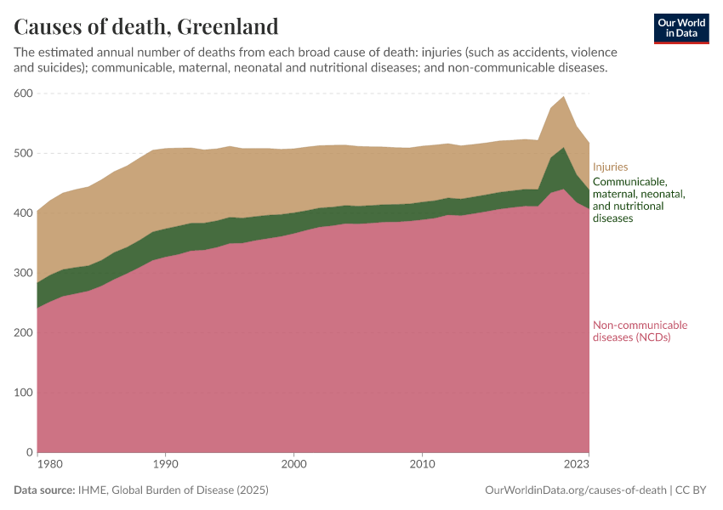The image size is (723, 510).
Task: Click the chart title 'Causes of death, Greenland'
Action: (x=146, y=27)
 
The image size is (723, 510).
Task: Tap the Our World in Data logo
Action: (x=680, y=28)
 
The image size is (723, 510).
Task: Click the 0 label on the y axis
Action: (x=28, y=452)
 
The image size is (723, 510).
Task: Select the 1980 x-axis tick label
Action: (x=49, y=465)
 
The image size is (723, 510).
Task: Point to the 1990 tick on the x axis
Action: (x=165, y=465)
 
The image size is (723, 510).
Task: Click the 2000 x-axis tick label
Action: (x=293, y=465)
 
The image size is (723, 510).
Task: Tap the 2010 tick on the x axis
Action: (x=422, y=465)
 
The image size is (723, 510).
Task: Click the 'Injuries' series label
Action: (x=610, y=167)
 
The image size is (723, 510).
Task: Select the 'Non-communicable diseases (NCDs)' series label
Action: (x=640, y=331)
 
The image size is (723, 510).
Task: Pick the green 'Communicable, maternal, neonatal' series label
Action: (x=638, y=200)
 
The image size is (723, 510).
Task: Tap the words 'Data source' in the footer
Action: (x=43, y=490)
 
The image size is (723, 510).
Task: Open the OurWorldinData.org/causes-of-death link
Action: (x=575, y=490)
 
